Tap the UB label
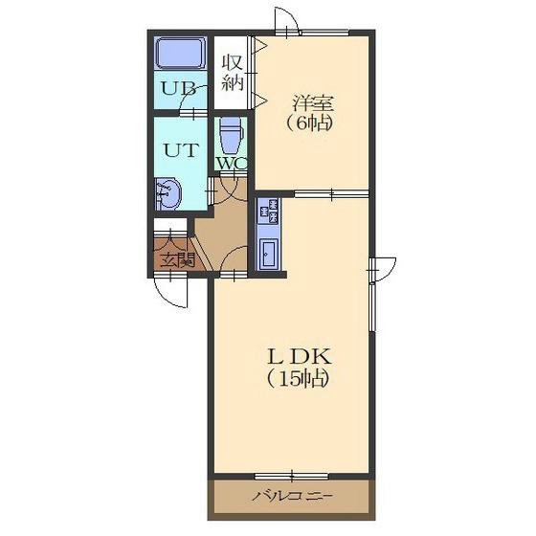178,88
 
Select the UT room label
181,149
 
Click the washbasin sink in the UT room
167,193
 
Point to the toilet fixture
231,135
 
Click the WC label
232,164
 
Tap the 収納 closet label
233,73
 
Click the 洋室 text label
312,103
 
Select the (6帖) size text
309,123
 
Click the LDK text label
300,356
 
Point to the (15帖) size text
298,378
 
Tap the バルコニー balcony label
292,496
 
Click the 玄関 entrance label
178,259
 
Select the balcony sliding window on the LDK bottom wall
292,476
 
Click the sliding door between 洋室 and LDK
331,194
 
